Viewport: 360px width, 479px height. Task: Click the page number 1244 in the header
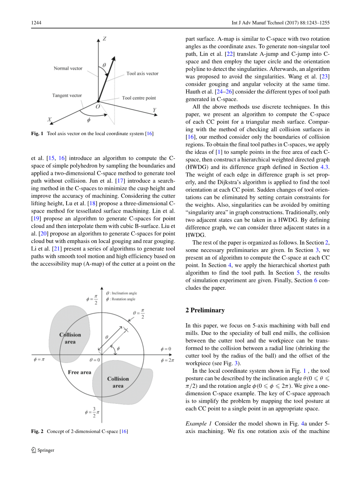tap(36, 23)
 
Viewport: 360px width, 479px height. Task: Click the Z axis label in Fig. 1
tap(105, 39)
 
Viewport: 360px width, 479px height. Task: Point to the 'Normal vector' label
tap(68, 69)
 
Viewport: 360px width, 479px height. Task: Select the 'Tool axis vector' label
tap(142, 73)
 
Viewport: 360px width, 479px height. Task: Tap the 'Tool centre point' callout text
tap(139, 98)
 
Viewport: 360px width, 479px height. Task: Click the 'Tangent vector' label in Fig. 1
tap(67, 95)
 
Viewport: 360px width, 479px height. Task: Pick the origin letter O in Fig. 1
tap(97, 106)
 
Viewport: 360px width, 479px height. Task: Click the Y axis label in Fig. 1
tap(155, 110)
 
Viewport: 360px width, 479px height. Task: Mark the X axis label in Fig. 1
tap(49, 120)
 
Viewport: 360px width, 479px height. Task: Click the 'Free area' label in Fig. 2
tap(79, 372)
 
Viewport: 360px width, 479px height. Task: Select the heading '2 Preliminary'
tap(205, 310)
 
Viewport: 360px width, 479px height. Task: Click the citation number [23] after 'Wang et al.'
tap(325, 77)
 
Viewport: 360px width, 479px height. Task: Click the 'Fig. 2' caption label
tap(37, 431)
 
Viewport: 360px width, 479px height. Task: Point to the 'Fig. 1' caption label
tap(37, 134)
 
